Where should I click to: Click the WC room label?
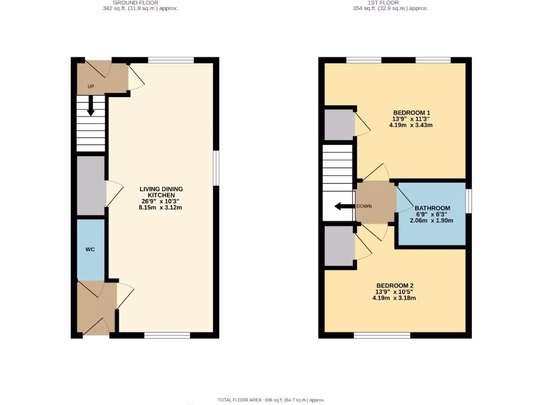pos(90,249)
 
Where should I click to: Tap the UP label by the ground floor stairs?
pos(91,86)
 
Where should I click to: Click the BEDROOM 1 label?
pos(412,112)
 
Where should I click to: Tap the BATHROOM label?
pos(432,208)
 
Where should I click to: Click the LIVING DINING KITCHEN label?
pos(161,192)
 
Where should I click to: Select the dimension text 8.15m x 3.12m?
pos(161,207)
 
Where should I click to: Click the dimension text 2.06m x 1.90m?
pos(432,220)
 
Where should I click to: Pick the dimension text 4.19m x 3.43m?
pos(412,125)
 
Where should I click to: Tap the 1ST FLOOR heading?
pos(390,3)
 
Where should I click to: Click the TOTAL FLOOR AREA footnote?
pos(271,400)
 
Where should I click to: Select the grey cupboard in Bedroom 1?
pos(339,125)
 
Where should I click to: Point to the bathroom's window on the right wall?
pos(469,201)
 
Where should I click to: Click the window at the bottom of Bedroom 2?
pos(382,335)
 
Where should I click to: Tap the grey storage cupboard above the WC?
pos(90,185)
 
